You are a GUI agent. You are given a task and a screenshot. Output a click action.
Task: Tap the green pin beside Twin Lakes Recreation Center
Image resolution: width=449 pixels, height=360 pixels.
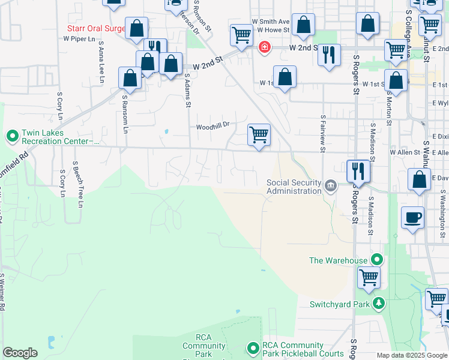[12, 136]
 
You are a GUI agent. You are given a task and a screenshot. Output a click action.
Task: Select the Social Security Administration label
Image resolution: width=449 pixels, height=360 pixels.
[294, 187]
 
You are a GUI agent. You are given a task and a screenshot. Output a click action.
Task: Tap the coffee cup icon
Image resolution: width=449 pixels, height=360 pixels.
[412, 218]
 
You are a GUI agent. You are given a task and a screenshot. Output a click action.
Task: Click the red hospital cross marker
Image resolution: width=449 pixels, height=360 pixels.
[263, 47]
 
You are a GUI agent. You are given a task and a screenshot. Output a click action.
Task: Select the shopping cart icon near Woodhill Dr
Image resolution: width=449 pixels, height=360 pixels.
[259, 134]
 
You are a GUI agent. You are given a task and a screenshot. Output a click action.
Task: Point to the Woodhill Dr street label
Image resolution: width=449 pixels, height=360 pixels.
[213, 127]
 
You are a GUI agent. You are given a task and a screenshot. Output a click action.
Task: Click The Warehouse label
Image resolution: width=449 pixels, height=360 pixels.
[338, 260]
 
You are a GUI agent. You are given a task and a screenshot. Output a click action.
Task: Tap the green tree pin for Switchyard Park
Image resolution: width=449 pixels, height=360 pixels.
[378, 304]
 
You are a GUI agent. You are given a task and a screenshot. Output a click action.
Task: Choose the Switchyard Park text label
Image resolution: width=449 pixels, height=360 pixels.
[339, 304]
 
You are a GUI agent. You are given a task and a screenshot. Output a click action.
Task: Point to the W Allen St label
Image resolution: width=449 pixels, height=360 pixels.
[405, 153]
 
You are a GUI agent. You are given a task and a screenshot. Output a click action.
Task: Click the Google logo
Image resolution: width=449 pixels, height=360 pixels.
[20, 353]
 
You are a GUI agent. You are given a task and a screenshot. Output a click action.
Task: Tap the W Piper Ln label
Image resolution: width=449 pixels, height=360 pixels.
[79, 38]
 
